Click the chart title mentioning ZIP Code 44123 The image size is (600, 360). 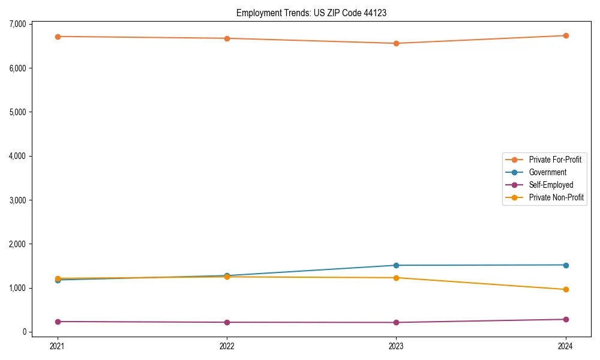pyautogui.click(x=311, y=13)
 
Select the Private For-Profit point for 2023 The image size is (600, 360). pyautogui.click(x=397, y=43)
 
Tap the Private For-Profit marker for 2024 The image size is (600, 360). pyautogui.click(x=566, y=35)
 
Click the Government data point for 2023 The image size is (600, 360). pyautogui.click(x=397, y=265)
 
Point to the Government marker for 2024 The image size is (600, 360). pyautogui.click(x=566, y=265)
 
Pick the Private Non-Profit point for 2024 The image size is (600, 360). pyautogui.click(x=566, y=289)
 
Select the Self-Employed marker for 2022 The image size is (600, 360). pyautogui.click(x=227, y=322)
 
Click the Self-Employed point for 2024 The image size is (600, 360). pyautogui.click(x=566, y=319)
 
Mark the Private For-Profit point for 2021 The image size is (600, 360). pyautogui.click(x=58, y=37)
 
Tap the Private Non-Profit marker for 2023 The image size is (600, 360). pyautogui.click(x=397, y=278)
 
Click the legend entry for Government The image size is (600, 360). pyautogui.click(x=547, y=172)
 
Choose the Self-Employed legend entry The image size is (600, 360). pyautogui.click(x=551, y=185)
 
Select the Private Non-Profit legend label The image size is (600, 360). pyautogui.click(x=556, y=197)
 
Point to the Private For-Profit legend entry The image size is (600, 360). pyautogui.click(x=555, y=160)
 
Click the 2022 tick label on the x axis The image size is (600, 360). pyautogui.click(x=227, y=346)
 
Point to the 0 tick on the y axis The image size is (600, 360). pyautogui.click(x=24, y=332)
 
